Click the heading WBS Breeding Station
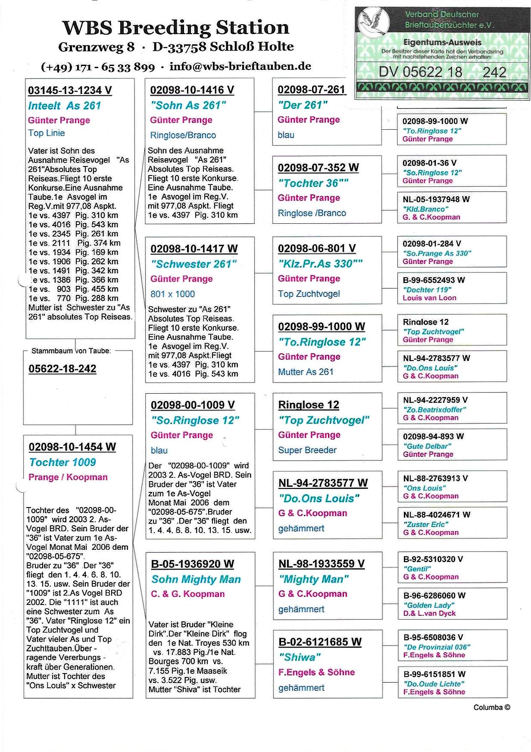tap(175, 28)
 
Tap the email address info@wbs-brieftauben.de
tap(240, 66)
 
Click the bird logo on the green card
tap(373, 21)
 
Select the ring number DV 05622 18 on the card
tap(420, 72)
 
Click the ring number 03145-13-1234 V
tap(70, 91)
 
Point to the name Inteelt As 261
tap(65, 106)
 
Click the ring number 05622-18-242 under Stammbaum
tap(62, 369)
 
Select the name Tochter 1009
tap(62, 462)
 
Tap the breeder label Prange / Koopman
tap(68, 477)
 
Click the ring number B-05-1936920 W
tap(192, 564)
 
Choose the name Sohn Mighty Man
tap(196, 580)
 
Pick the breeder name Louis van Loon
tap(429, 298)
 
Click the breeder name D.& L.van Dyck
tap(429, 613)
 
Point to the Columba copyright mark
tap(491, 708)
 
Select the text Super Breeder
tap(307, 450)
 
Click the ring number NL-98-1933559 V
tap(322, 564)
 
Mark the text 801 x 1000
tap(172, 294)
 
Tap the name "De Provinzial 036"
tap(437, 647)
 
